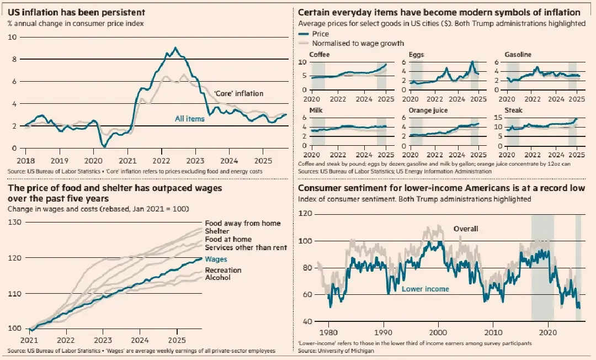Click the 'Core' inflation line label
(238, 93)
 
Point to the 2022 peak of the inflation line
(175, 48)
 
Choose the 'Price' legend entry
(320, 34)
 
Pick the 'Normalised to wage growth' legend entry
(358, 43)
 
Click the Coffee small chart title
(320, 55)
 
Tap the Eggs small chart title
(417, 55)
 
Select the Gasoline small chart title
(518, 55)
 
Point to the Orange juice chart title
(429, 110)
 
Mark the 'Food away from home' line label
(242, 223)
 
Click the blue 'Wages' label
(216, 259)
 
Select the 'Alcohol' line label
(217, 278)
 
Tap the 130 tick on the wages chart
(14, 222)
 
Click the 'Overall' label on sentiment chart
(465, 229)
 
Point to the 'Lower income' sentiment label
(425, 289)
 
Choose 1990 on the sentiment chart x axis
(382, 333)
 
